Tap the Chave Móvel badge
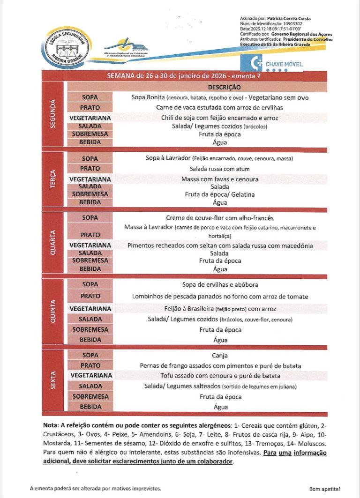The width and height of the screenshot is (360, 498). (272, 63)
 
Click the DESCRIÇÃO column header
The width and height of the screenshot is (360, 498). (224, 87)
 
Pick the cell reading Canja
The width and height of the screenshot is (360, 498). (219, 356)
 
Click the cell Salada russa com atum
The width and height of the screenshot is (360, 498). (219, 169)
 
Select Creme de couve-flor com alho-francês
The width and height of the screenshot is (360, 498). (219, 218)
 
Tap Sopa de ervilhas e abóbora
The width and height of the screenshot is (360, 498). (220, 284)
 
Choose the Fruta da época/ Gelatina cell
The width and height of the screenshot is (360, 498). (220, 194)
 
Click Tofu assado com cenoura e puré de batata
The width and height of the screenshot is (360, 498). (220, 376)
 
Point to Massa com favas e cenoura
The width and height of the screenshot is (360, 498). (220, 179)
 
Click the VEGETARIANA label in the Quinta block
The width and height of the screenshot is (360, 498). (90, 309)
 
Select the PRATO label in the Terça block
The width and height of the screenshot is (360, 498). (90, 169)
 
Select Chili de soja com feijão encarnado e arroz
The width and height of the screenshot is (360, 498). (219, 118)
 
